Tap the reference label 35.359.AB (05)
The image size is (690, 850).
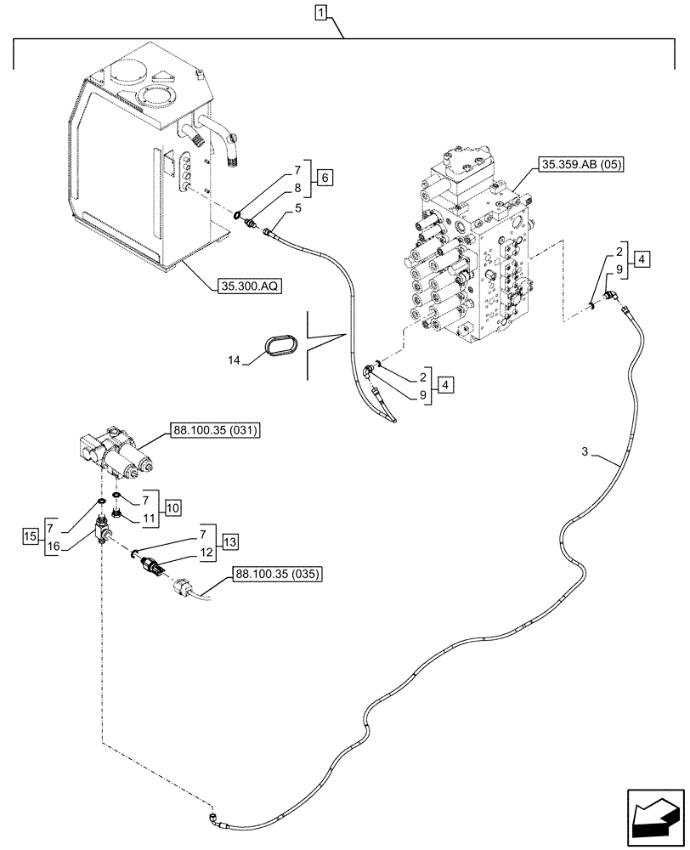click(580, 165)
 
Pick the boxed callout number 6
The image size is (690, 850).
click(326, 178)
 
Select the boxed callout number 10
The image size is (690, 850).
click(172, 508)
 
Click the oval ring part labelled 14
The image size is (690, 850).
click(280, 348)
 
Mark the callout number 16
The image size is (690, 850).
click(54, 549)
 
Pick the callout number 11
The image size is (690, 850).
click(147, 518)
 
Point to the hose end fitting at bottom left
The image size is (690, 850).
click(213, 794)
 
